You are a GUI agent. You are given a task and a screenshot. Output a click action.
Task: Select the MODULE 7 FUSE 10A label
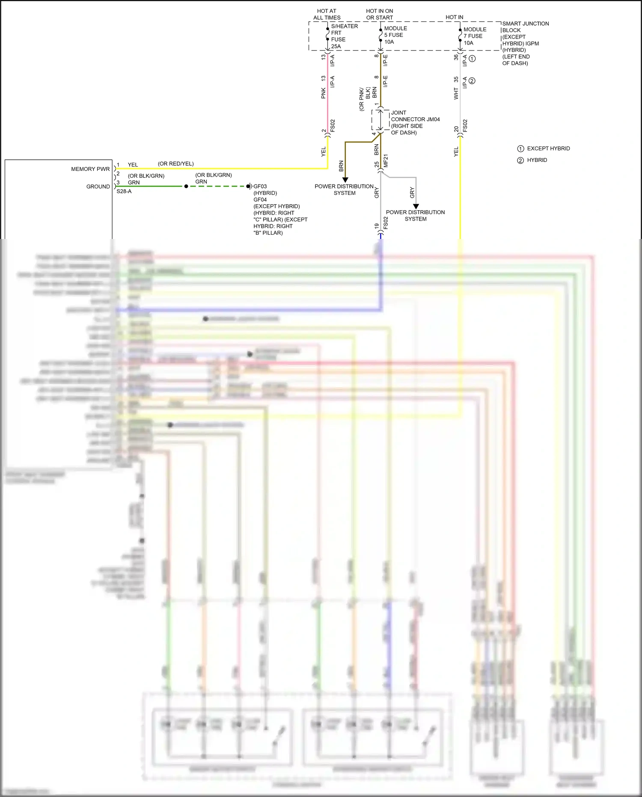(474, 36)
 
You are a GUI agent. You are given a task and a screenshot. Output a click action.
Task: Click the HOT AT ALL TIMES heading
(327, 14)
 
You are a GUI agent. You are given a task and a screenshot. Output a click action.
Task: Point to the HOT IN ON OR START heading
(380, 14)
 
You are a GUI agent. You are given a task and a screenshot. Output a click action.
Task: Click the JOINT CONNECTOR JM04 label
(414, 122)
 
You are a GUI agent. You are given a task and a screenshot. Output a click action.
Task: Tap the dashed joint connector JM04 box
(380, 120)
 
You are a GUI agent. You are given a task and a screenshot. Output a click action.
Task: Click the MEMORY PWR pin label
(90, 169)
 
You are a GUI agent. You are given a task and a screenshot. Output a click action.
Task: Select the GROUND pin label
(98, 187)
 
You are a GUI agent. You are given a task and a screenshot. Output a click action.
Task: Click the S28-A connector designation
(124, 191)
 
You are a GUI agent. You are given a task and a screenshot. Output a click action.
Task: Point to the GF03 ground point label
(260, 187)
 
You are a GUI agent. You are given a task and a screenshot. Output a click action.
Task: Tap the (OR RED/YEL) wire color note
(175, 164)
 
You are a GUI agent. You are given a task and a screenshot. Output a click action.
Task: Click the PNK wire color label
(324, 93)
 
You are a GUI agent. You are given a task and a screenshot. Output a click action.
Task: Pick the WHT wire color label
(456, 94)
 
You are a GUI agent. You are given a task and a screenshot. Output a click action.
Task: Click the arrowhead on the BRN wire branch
(345, 180)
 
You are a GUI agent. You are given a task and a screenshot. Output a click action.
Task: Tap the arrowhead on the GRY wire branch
(416, 206)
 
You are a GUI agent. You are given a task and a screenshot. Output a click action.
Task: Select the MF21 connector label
(386, 161)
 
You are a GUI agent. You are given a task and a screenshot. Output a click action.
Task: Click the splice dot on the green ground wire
(186, 186)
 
